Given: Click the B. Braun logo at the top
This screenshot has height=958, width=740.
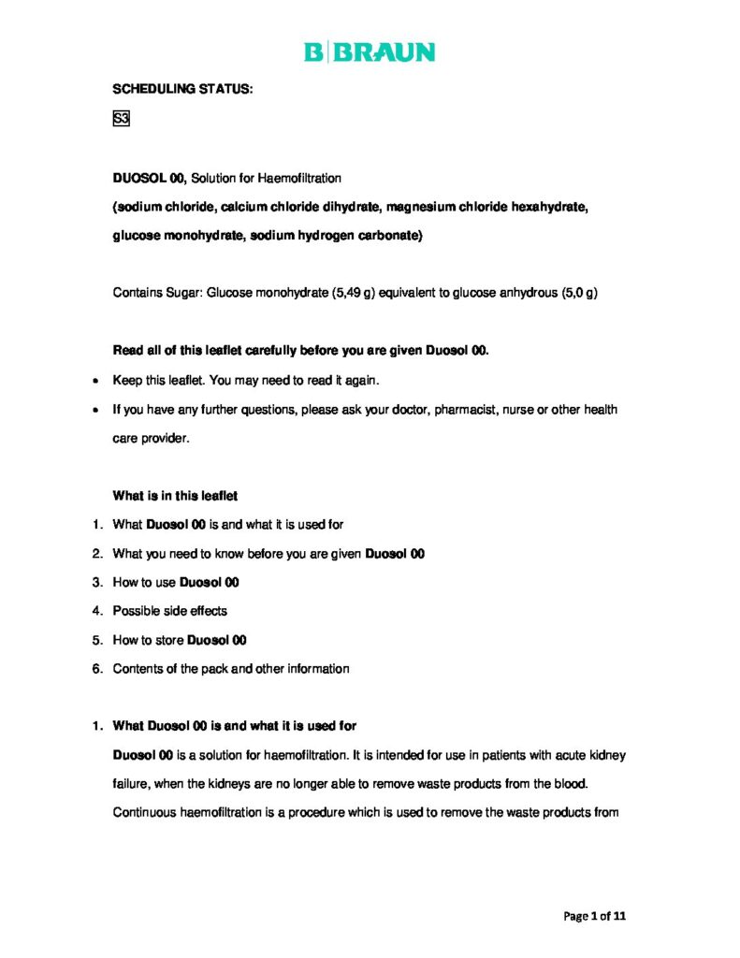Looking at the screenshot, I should [370, 52].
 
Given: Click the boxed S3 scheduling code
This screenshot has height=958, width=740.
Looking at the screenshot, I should [121, 119].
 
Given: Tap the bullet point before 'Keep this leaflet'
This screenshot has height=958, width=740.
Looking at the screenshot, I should [97, 382].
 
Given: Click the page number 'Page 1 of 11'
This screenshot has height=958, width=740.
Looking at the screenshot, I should [594, 916].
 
